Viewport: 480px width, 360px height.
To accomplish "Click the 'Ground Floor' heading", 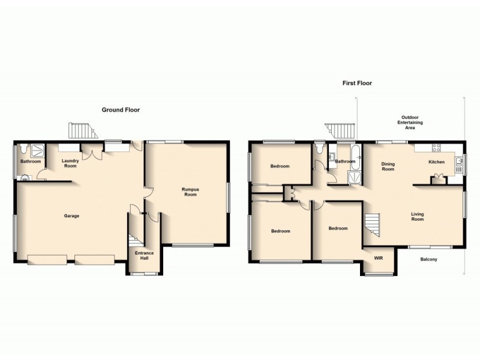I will click(x=121, y=110).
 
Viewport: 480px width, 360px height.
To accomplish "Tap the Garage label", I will click(x=72, y=216).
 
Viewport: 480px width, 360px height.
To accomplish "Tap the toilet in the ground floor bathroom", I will click(x=22, y=149).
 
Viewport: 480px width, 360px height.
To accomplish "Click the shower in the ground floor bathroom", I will click(x=37, y=149).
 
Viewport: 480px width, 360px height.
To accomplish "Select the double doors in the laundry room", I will click(x=91, y=154).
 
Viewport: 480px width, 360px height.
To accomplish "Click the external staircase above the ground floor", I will click(x=82, y=130).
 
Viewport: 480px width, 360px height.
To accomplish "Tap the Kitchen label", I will click(x=436, y=162).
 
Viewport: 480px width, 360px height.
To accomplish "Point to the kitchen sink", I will click(x=458, y=160).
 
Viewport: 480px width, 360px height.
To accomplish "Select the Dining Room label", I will click(x=388, y=166).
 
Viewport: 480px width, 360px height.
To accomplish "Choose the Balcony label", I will click(x=428, y=259).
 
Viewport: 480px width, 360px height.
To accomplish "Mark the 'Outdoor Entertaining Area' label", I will click(x=410, y=122).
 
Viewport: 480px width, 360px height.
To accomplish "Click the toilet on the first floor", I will click(x=319, y=147).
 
